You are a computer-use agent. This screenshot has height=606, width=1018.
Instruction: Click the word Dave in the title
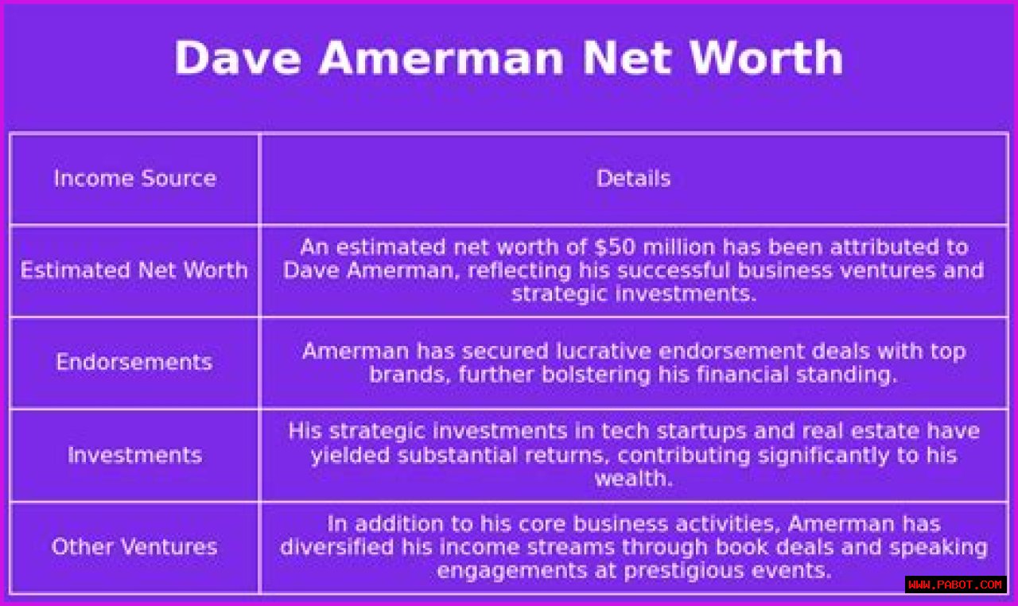(x=238, y=58)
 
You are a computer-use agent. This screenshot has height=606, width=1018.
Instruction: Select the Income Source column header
(x=135, y=178)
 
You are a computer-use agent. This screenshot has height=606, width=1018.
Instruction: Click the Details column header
(x=633, y=178)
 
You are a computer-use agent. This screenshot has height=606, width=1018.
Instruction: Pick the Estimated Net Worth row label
(x=134, y=270)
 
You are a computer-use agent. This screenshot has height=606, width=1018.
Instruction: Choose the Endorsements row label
(x=134, y=362)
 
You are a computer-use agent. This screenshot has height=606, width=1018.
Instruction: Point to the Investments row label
(x=134, y=455)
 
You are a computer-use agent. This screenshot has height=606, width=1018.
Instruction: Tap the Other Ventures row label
(x=134, y=546)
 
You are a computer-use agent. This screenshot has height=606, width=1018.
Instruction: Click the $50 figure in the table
(x=615, y=247)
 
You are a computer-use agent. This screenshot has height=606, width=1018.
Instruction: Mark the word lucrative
(x=603, y=352)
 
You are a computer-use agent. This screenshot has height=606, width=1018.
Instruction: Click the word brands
(x=410, y=375)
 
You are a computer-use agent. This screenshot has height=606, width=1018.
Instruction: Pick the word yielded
(x=350, y=455)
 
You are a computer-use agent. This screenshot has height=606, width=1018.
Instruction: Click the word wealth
(x=634, y=478)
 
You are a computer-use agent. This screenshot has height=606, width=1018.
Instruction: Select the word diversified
(x=336, y=546)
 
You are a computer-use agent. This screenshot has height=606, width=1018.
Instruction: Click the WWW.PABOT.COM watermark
(x=955, y=585)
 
